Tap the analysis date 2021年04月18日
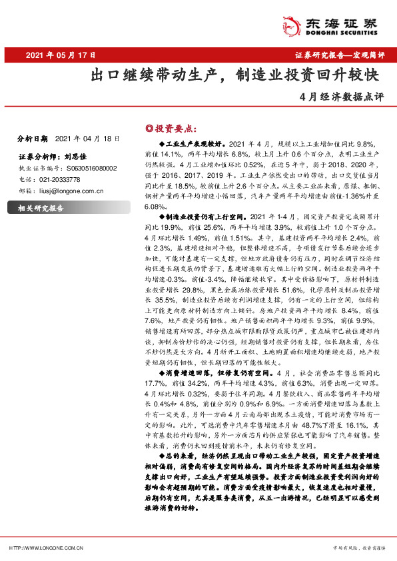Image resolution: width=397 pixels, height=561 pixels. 87,139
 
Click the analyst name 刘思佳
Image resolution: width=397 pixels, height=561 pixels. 79,158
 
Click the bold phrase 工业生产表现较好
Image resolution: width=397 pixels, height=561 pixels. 193,143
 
